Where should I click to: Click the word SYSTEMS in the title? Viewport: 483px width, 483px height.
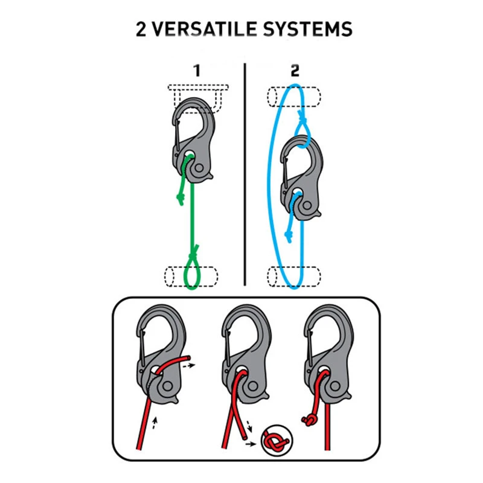(307, 30)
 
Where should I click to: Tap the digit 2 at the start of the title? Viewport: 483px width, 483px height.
(141, 30)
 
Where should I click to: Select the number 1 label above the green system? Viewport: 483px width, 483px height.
(197, 71)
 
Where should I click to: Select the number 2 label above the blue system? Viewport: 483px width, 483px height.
(295, 71)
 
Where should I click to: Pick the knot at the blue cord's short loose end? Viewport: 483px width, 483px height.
(289, 235)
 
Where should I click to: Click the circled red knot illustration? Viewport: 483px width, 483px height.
(277, 441)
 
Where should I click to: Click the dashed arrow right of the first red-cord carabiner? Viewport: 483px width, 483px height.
(189, 366)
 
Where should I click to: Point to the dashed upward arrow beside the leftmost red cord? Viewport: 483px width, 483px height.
(155, 423)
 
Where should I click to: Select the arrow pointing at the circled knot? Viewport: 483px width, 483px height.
(251, 444)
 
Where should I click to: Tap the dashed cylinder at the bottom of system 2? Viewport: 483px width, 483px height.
(294, 277)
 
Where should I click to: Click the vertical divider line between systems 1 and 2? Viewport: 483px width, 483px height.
(245, 174)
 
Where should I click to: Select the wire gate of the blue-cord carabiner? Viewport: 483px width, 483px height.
(285, 173)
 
